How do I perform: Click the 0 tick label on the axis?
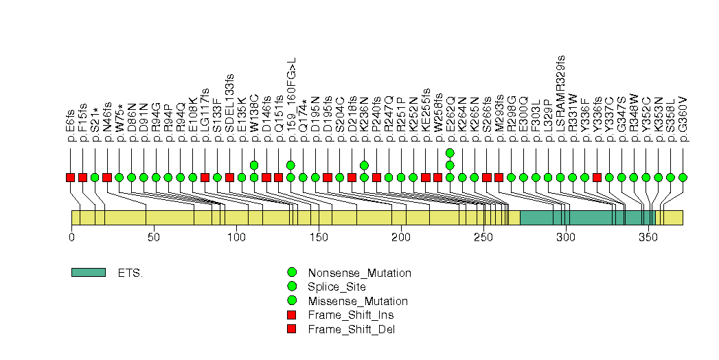pyautogui.click(x=71, y=237)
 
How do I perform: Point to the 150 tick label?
pyautogui.click(x=319, y=237)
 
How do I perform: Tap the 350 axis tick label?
pyautogui.click(x=648, y=237)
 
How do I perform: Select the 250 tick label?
pyautogui.click(x=483, y=237)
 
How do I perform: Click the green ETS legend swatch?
pyautogui.click(x=88, y=273)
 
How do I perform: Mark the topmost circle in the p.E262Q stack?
pyautogui.click(x=450, y=153)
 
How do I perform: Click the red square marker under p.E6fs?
pyautogui.click(x=70, y=177)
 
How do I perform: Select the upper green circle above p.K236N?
pyautogui.click(x=364, y=165)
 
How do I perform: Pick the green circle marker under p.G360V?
pyautogui.click(x=683, y=177)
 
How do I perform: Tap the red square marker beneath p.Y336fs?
pyautogui.click(x=597, y=177)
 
